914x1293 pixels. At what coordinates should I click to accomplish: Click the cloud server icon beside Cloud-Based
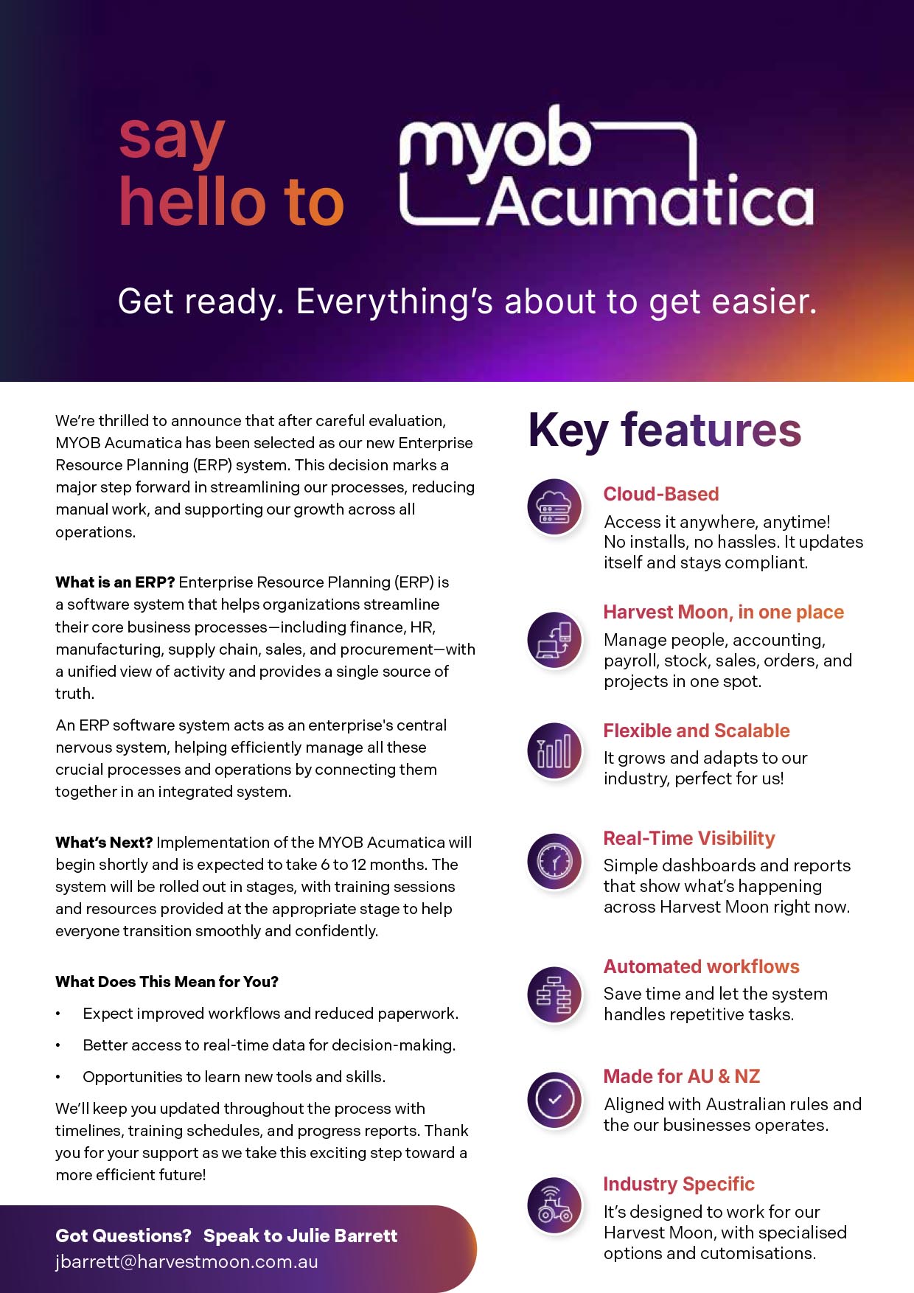click(x=554, y=506)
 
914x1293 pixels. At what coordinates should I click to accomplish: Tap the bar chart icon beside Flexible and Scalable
click(x=554, y=751)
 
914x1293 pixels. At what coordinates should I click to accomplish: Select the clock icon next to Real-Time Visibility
click(x=554, y=860)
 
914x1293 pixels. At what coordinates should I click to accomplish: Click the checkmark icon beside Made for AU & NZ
click(x=554, y=1099)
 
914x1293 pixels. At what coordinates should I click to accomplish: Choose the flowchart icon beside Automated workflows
click(x=554, y=994)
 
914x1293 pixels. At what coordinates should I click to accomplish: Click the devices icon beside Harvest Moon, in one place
click(x=554, y=639)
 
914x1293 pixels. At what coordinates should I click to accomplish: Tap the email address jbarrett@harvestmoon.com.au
click(x=186, y=1261)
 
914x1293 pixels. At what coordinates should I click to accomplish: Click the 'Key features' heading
click(x=664, y=431)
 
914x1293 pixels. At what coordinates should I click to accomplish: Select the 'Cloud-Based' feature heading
click(x=660, y=494)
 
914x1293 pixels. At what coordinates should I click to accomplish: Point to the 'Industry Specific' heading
click(x=678, y=1184)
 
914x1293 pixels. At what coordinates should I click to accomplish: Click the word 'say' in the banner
click(x=172, y=139)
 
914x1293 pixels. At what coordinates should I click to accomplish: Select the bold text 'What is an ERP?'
click(x=114, y=582)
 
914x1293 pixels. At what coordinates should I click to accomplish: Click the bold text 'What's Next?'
click(x=104, y=843)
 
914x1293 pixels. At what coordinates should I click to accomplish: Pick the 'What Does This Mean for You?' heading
click(x=167, y=982)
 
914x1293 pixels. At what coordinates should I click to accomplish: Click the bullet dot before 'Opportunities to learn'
click(x=58, y=1078)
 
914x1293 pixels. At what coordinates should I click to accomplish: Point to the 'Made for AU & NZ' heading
click(x=681, y=1076)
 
